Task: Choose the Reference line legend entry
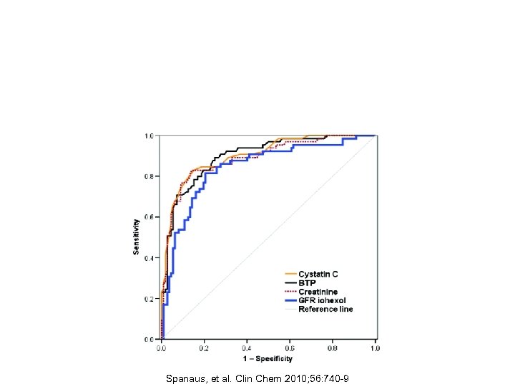click(325, 310)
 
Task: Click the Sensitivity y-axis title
click(135, 236)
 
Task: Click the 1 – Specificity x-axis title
click(268, 358)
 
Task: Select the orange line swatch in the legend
click(290, 274)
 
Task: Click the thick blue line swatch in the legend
click(290, 301)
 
